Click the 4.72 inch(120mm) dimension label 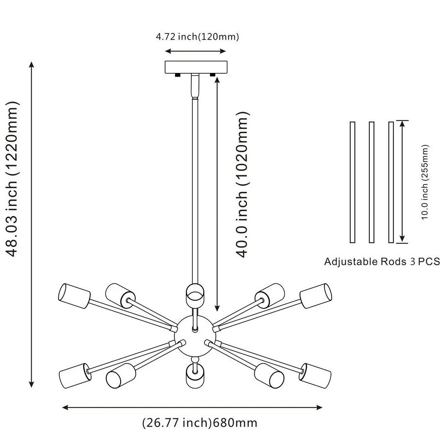tap(197, 37)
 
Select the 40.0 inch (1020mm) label tap(242, 185)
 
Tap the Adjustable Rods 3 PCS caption tap(382, 261)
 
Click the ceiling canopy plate tap(196, 67)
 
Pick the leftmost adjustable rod tap(352, 182)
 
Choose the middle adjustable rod tap(371, 182)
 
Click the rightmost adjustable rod tap(391, 182)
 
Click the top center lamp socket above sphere tap(194, 294)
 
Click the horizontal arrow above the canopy tap(196, 51)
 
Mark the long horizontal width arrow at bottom tap(192, 407)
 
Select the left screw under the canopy tap(178, 75)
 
